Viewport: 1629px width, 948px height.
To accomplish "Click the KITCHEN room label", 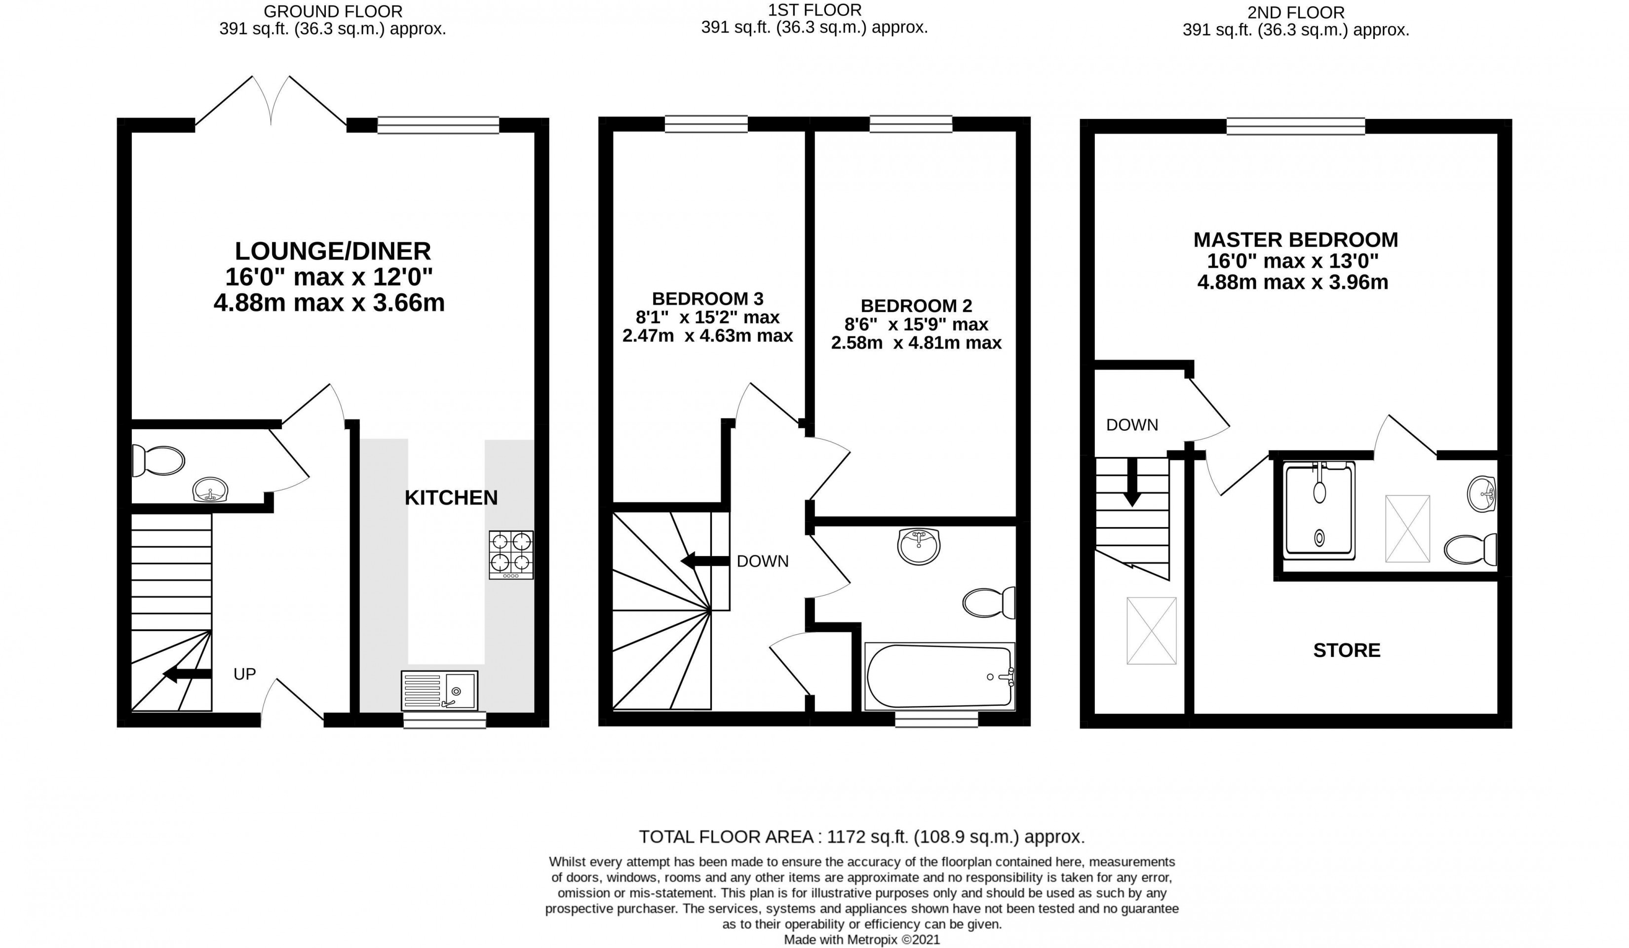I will click(451, 497).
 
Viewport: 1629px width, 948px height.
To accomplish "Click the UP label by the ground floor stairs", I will click(244, 674).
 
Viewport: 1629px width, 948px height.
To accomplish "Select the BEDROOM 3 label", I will click(707, 299).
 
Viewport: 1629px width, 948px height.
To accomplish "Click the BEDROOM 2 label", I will click(916, 305).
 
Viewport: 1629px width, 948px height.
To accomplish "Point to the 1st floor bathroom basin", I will click(919, 545).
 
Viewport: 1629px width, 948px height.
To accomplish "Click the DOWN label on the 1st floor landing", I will click(763, 561).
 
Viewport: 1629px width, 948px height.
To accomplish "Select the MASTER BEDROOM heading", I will click(1295, 240).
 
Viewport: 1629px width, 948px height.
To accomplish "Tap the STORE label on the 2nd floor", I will click(1347, 650).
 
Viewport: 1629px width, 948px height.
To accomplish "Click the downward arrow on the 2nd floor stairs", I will click(1131, 482).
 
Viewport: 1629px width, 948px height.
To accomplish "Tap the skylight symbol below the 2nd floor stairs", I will click(1151, 630).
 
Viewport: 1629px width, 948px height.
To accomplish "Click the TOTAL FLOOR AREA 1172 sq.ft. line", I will click(862, 837).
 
